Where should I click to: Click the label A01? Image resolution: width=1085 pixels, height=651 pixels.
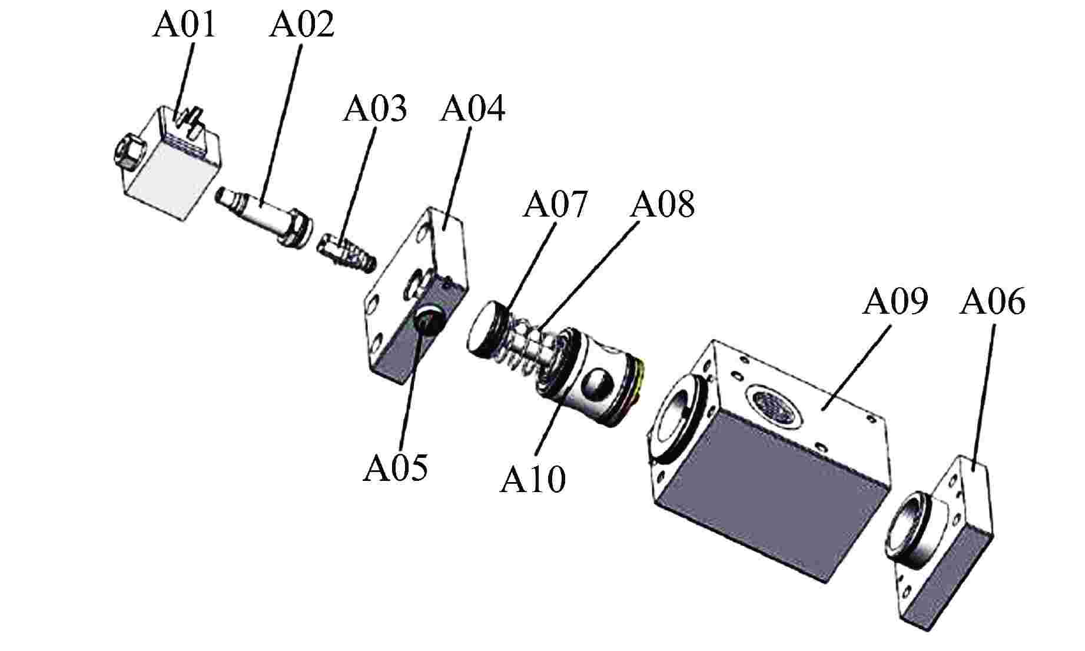coord(184,25)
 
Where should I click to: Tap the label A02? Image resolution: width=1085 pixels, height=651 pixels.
coord(301,25)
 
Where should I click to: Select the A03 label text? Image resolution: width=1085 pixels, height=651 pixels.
coord(375,109)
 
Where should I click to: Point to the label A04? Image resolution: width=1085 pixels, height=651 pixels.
coord(473,109)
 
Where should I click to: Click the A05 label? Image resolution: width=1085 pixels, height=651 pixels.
coord(395,469)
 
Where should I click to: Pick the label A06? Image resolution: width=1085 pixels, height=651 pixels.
coord(993,302)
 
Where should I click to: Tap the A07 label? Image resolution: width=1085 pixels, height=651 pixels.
coord(555,205)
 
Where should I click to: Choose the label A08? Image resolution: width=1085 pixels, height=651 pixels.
coord(662,205)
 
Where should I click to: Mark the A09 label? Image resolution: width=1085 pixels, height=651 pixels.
coord(895,302)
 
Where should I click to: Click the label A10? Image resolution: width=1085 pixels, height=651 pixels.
coord(533,479)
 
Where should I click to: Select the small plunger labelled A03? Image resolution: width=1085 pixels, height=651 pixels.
coord(347,251)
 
